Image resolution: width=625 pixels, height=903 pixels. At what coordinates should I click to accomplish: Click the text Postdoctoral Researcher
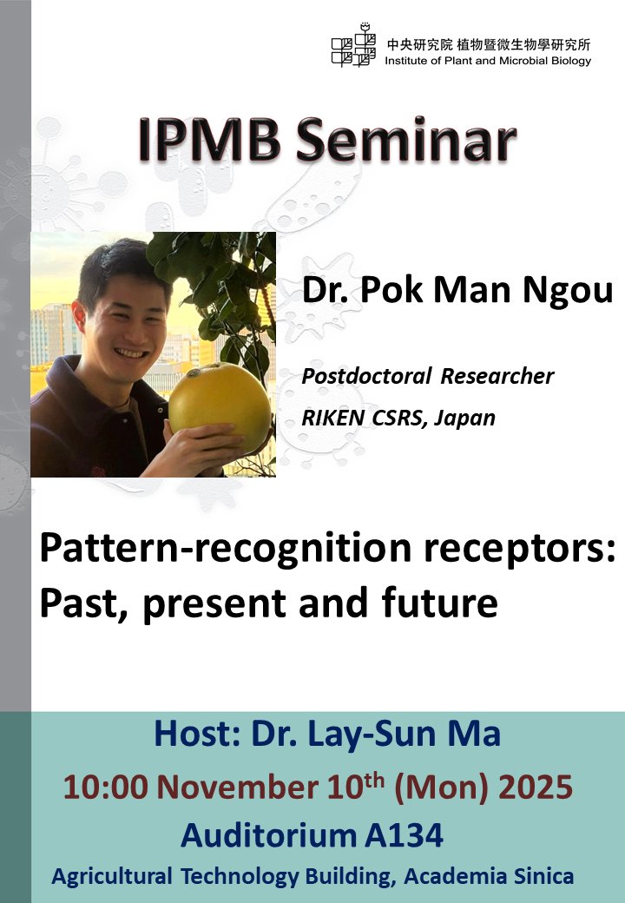point(427,377)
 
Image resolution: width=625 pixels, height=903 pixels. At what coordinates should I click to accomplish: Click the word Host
point(192,734)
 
